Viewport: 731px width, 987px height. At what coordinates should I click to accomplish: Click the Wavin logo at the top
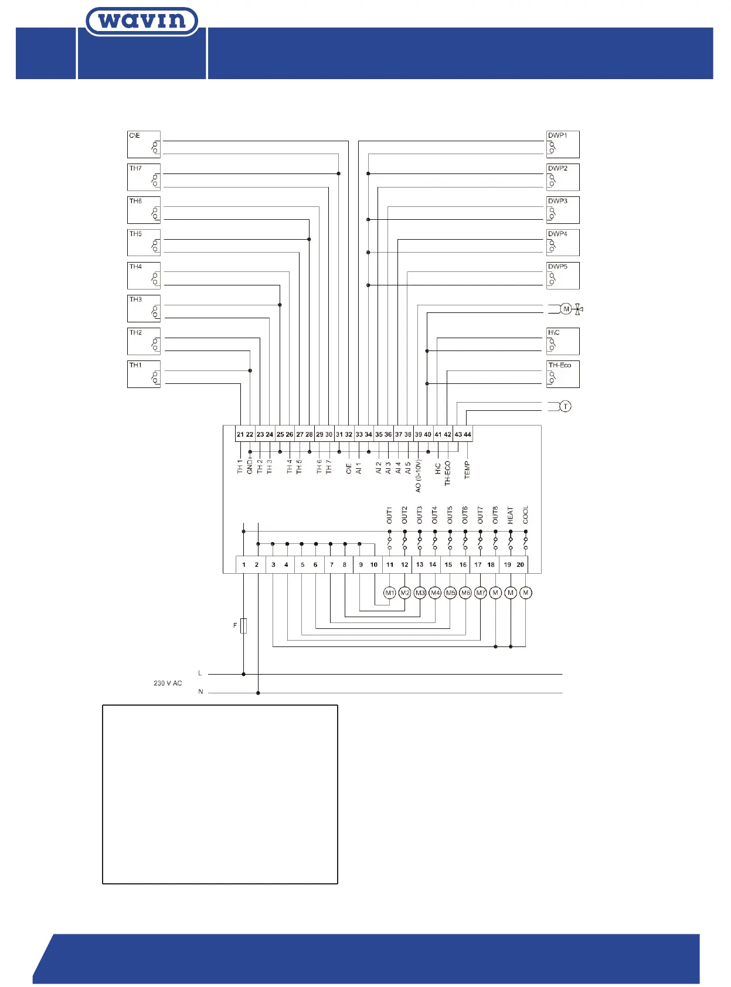pyautogui.click(x=142, y=22)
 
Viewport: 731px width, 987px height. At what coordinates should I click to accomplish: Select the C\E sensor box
pyautogui.click(x=144, y=144)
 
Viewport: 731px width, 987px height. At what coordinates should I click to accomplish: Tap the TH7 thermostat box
pyautogui.click(x=144, y=177)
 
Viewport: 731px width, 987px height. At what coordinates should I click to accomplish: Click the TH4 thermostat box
pyautogui.click(x=144, y=275)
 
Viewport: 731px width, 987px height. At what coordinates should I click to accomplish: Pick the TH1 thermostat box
pyautogui.click(x=144, y=374)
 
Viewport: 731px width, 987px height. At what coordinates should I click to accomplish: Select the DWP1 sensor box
pyautogui.click(x=563, y=144)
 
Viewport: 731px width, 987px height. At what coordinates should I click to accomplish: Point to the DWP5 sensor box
pyautogui.click(x=563, y=275)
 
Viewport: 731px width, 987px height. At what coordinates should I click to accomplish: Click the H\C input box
pyautogui.click(x=563, y=341)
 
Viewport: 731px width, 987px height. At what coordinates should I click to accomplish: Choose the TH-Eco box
pyautogui.click(x=563, y=374)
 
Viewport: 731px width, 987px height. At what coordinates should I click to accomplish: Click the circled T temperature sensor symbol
pyautogui.click(x=565, y=406)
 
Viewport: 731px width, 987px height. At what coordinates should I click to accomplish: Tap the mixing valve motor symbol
pyautogui.click(x=566, y=309)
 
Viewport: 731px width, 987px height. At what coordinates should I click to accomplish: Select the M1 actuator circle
pyautogui.click(x=390, y=593)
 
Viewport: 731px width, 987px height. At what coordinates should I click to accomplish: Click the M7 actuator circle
pyautogui.click(x=481, y=593)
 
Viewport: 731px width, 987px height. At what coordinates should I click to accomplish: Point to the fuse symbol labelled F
pyautogui.click(x=244, y=626)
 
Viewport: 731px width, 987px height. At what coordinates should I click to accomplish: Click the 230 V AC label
pyautogui.click(x=168, y=683)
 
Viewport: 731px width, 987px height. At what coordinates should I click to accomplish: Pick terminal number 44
pyautogui.click(x=467, y=435)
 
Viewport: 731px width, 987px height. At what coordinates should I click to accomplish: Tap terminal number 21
pyautogui.click(x=240, y=435)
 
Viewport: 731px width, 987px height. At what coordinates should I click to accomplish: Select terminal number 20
pyautogui.click(x=520, y=565)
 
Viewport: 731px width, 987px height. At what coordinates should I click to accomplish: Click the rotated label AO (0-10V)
pyautogui.click(x=418, y=475)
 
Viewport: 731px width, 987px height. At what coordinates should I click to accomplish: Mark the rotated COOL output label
pyautogui.click(x=526, y=515)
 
